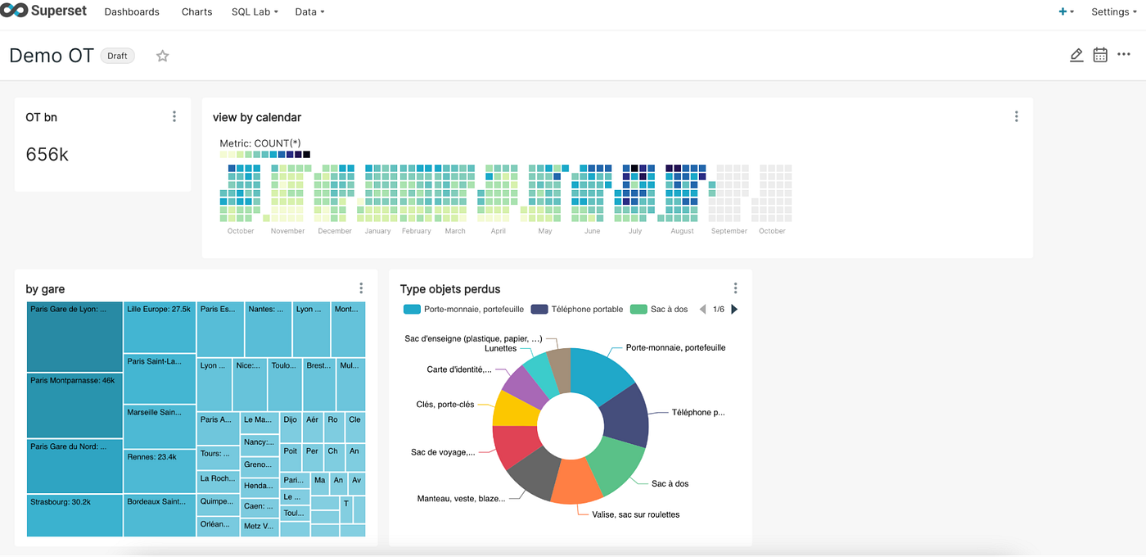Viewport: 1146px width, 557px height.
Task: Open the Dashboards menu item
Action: point(132,11)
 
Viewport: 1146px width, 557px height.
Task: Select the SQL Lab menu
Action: point(255,11)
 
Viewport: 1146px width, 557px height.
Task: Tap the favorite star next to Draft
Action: point(163,56)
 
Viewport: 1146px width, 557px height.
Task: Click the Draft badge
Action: point(117,56)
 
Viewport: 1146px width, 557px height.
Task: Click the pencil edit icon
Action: point(1076,55)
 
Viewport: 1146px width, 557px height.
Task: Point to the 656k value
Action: point(47,154)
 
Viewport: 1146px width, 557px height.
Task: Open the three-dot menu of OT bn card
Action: point(174,116)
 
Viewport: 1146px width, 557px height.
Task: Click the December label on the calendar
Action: point(335,231)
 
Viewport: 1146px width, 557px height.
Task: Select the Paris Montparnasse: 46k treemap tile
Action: point(74,405)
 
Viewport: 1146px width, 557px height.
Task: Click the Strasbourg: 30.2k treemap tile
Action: point(74,515)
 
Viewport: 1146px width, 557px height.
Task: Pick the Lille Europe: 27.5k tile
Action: point(160,328)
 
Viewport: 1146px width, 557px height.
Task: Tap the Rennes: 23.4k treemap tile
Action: point(160,471)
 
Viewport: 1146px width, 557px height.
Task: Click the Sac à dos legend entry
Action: point(660,310)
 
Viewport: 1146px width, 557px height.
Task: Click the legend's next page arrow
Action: point(734,310)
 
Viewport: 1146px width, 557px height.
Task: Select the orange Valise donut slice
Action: point(577,481)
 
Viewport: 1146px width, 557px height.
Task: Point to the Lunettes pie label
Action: point(500,348)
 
